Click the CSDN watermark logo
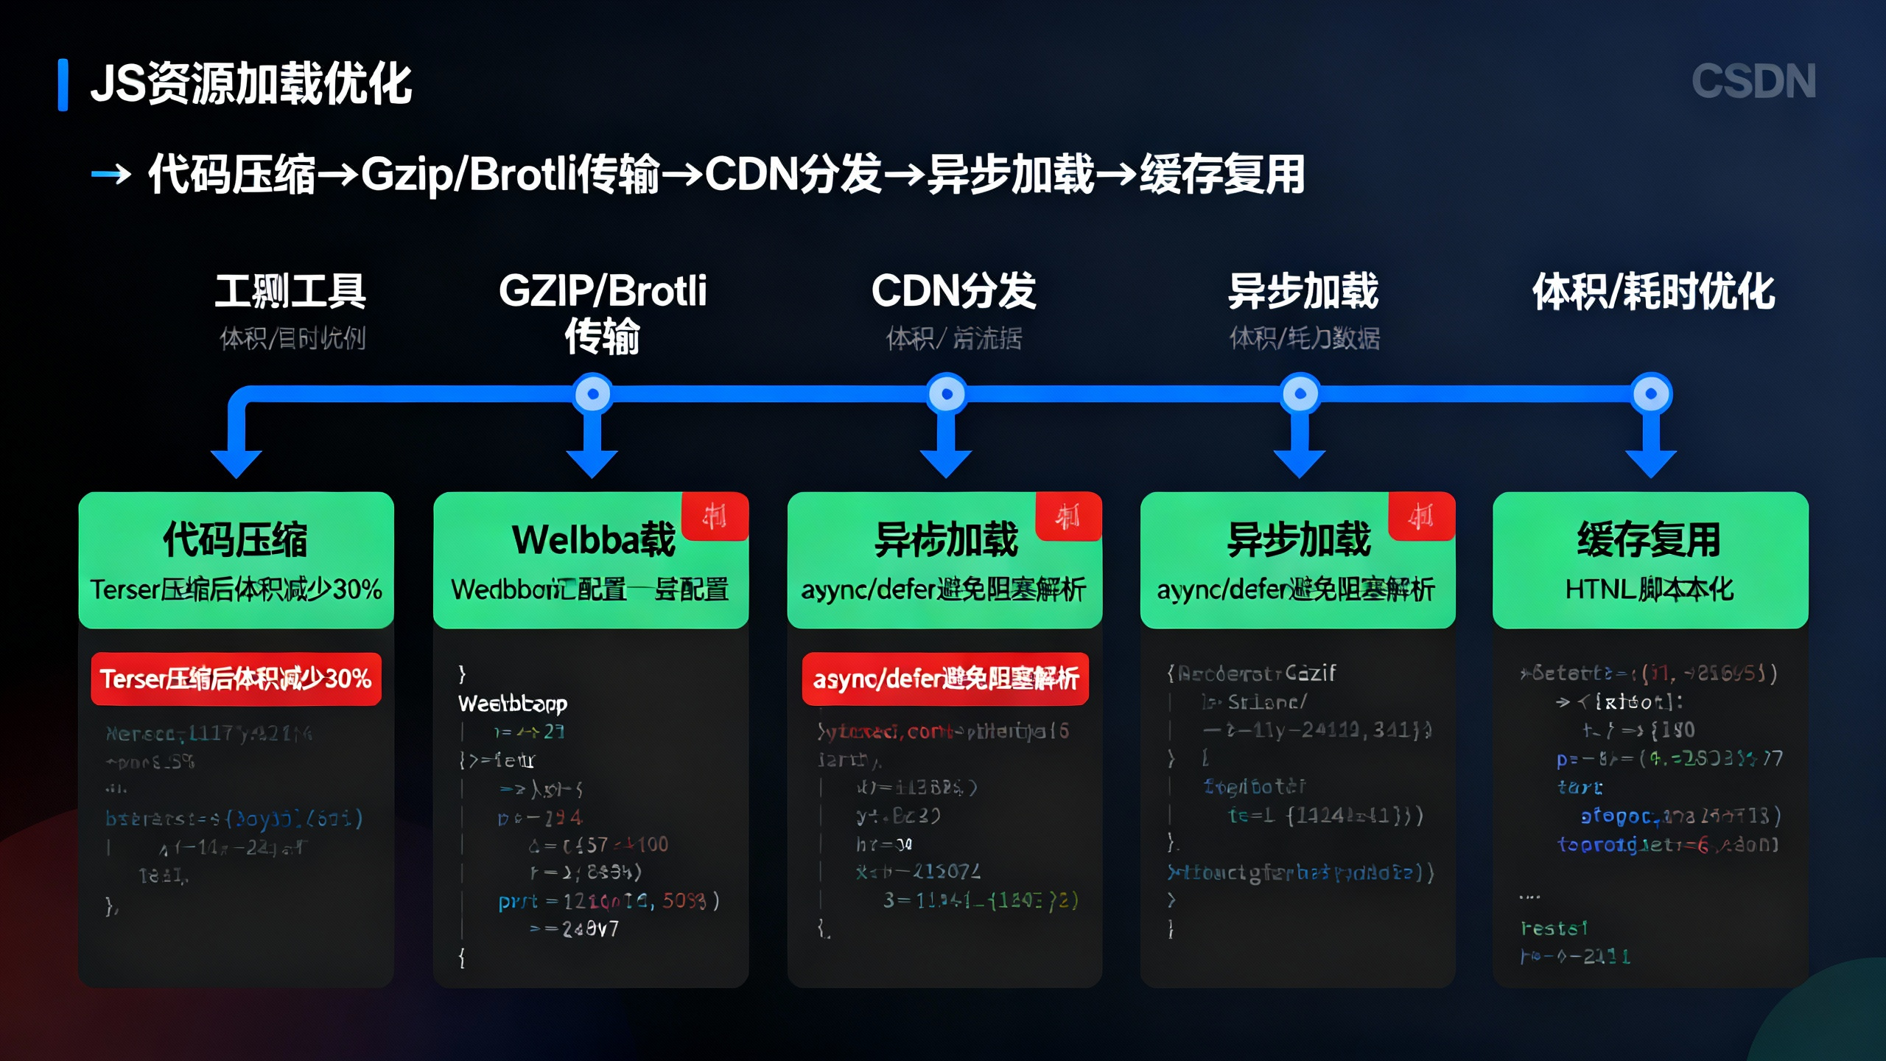coord(1753,81)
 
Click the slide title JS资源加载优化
coord(250,84)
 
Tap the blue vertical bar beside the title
coord(63,85)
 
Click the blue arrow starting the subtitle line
coord(111,175)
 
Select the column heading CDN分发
coord(953,291)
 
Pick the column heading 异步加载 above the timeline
coord(1303,291)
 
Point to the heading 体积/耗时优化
coord(1653,292)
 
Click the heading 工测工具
coord(290,291)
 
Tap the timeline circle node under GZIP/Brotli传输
coord(593,394)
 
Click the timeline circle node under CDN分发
coord(947,394)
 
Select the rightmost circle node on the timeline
coord(1651,394)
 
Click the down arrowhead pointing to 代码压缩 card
coord(236,463)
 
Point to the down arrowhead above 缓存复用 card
coord(1651,463)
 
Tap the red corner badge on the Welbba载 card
coord(715,516)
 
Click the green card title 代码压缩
coord(236,539)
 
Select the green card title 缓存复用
coord(1650,539)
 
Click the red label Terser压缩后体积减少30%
coord(236,679)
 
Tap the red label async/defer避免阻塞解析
coord(945,679)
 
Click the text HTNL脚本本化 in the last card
coord(1650,589)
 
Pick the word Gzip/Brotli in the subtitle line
coord(468,175)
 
